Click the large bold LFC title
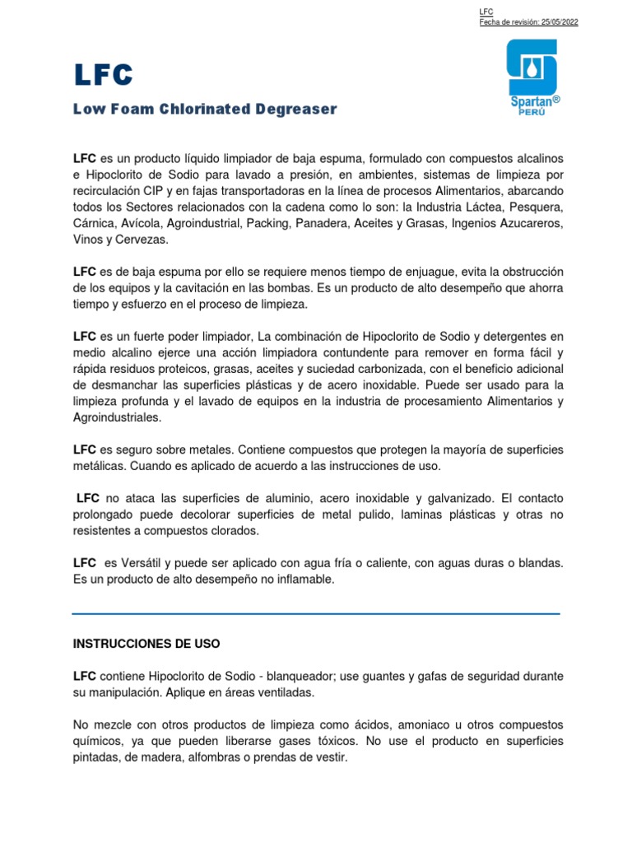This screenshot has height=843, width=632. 103,75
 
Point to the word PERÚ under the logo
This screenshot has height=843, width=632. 530,110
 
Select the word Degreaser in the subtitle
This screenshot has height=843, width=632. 298,109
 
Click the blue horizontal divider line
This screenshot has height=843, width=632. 316,613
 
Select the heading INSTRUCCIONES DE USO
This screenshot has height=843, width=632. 146,642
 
